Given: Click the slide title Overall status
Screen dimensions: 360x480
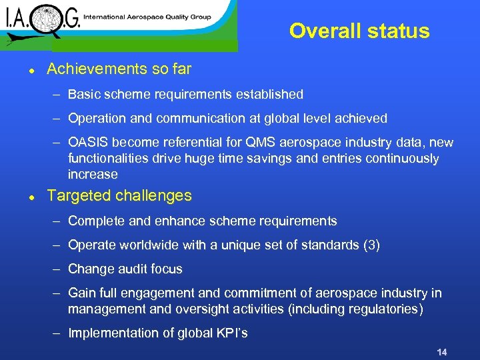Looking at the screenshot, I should pyautogui.click(x=359, y=31).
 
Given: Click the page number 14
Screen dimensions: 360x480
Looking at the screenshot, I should pyautogui.click(x=441, y=351).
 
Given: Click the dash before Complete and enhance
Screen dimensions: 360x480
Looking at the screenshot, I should pyautogui.click(x=58, y=221).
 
